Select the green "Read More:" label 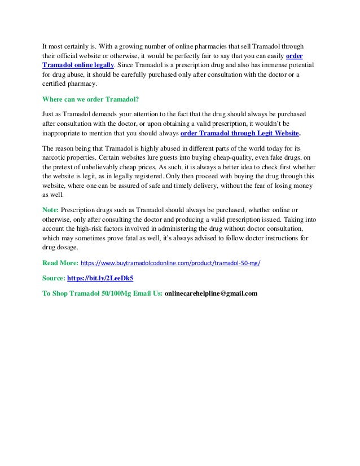click(x=61, y=263)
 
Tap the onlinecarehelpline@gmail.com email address click(x=211, y=293)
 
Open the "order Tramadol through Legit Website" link click(x=240, y=134)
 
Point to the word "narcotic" click(x=56, y=157)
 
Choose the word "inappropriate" click(x=67, y=134)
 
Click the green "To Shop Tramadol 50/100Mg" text click(x=102, y=293)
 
